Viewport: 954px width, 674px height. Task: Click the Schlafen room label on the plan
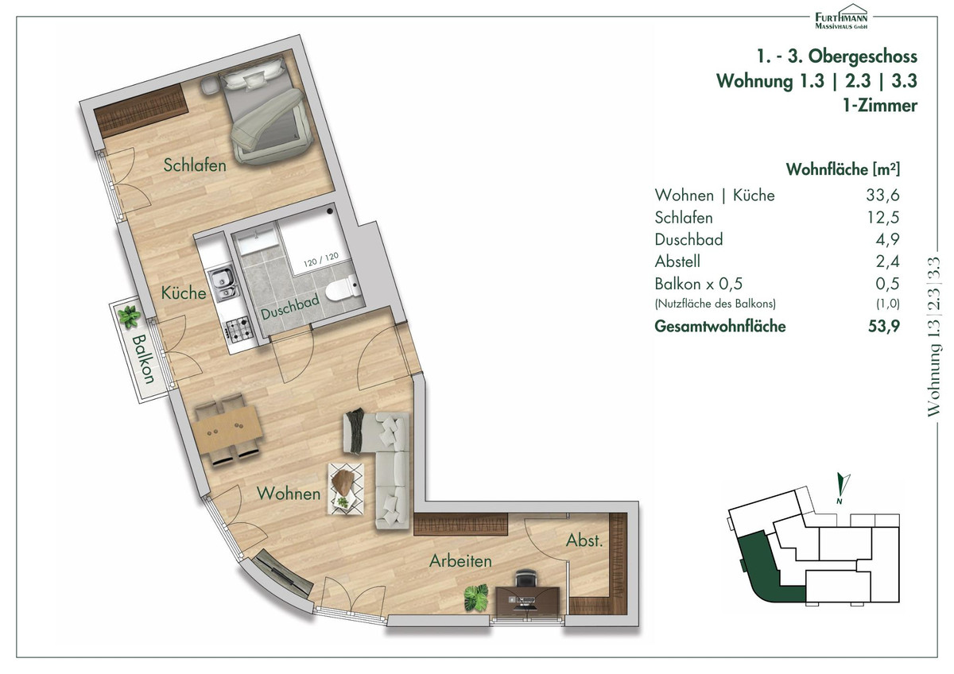[x=195, y=165]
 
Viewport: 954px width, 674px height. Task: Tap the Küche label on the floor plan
[x=184, y=293]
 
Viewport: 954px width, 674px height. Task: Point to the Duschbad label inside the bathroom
[x=290, y=307]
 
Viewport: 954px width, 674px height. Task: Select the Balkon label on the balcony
[x=143, y=359]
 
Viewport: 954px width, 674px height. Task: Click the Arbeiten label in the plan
[x=460, y=561]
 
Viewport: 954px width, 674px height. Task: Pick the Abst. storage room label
[x=584, y=540]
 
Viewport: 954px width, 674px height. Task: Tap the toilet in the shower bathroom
[x=343, y=289]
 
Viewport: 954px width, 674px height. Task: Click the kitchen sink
[x=223, y=282]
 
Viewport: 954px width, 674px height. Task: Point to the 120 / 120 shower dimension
[x=321, y=259]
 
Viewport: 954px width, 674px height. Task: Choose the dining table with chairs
[x=227, y=430]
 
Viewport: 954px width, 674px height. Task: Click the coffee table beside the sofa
[x=346, y=489]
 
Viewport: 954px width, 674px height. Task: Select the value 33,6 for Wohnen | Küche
[x=882, y=196]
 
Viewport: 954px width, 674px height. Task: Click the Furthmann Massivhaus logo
[x=841, y=17]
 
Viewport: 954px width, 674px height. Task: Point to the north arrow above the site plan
[x=842, y=487]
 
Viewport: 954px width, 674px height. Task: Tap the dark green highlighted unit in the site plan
[x=762, y=570]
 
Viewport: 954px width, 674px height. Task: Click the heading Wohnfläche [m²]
[x=843, y=169]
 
